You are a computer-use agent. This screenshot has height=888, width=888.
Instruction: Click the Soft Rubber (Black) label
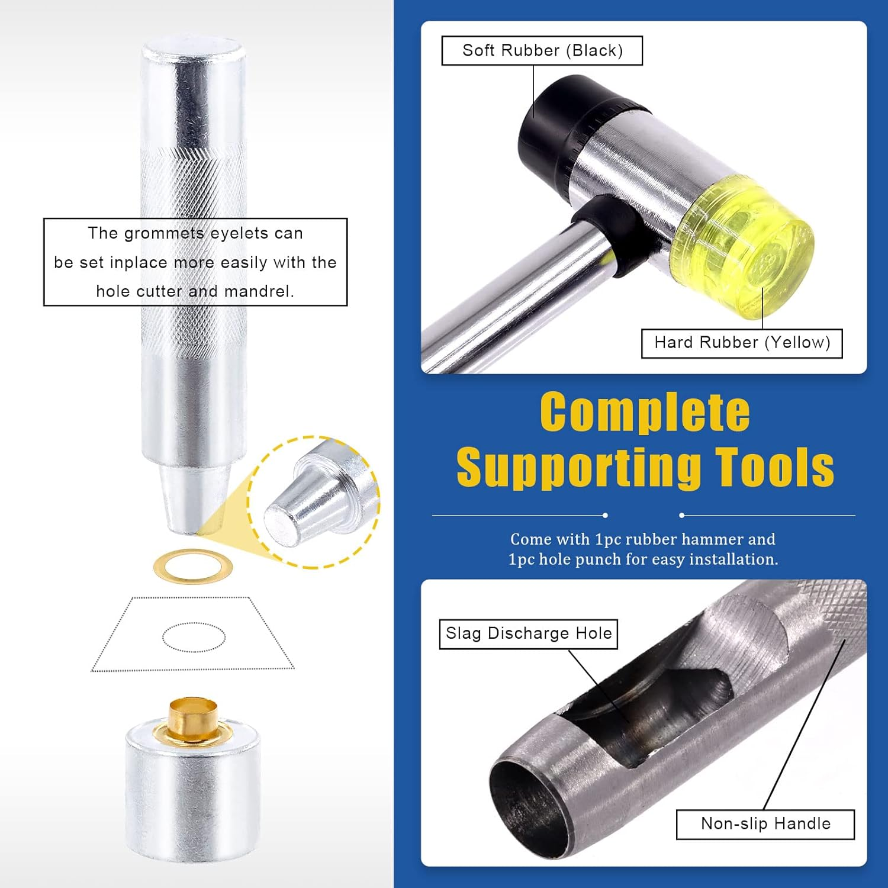542,51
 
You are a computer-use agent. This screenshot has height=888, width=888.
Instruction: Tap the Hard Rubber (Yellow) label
742,343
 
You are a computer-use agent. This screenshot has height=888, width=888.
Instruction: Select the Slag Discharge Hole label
529,634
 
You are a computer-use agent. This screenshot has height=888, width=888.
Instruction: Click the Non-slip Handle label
765,824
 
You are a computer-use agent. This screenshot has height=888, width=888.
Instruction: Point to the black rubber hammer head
554,127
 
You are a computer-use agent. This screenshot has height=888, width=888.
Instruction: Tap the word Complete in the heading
645,412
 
